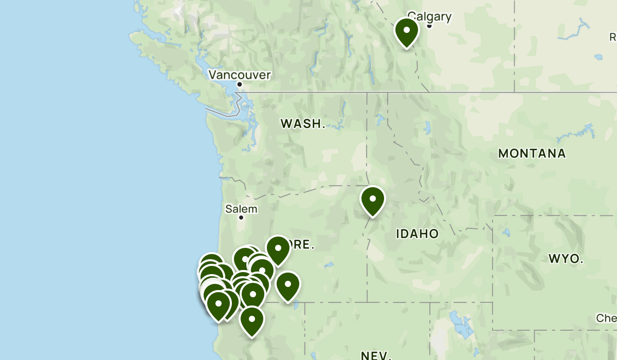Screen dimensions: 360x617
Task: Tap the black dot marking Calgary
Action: (429, 26)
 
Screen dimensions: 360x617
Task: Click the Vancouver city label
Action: (239, 75)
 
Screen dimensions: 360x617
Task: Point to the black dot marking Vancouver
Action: (240, 84)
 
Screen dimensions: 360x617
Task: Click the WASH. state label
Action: (303, 123)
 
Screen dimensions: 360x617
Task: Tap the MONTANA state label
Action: (532, 153)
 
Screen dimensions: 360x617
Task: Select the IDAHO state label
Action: (417, 234)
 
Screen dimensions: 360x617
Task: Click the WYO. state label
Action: (566, 258)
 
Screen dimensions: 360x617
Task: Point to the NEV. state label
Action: (375, 355)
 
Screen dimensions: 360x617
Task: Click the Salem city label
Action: (241, 209)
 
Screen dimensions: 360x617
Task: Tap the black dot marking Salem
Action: (241, 218)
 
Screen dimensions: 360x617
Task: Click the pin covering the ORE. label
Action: (278, 249)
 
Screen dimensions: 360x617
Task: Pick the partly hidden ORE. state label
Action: (303, 244)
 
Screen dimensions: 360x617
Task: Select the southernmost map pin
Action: (252, 320)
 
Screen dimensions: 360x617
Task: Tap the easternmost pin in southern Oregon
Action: (288, 285)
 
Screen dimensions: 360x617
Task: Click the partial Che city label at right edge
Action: (606, 318)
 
